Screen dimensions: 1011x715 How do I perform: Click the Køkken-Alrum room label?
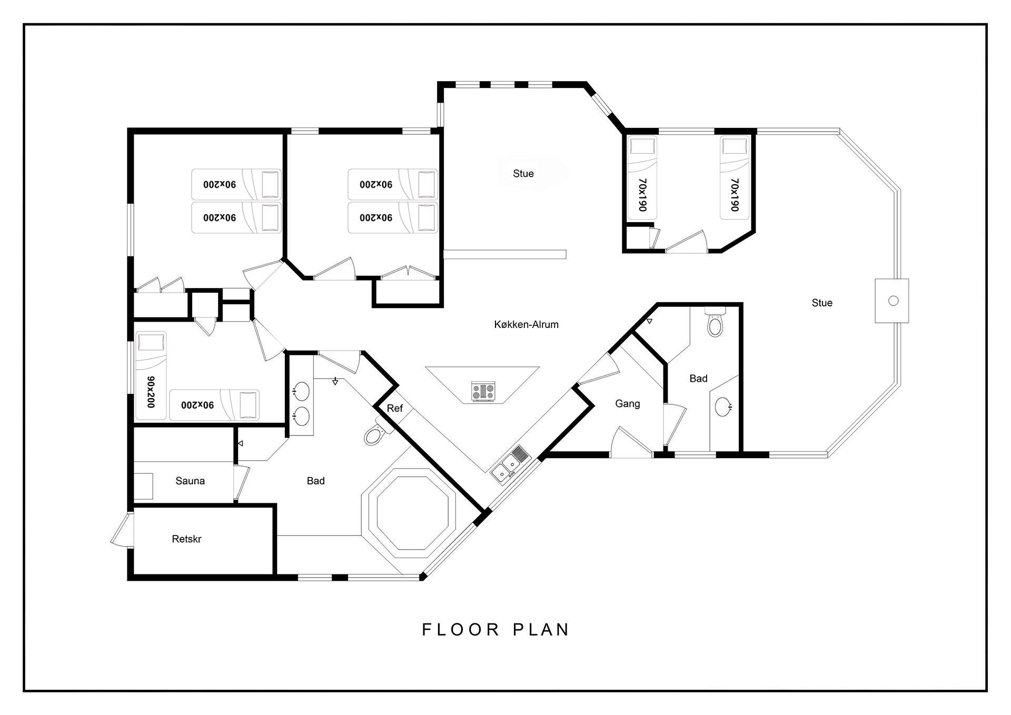tap(526, 325)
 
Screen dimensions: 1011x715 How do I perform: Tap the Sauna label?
tap(190, 481)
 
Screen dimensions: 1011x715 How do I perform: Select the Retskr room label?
tap(186, 539)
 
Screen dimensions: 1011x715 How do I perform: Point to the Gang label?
tap(628, 404)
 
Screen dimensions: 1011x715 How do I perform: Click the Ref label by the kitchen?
tap(394, 408)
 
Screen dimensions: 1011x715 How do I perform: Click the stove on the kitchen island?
tap(483, 392)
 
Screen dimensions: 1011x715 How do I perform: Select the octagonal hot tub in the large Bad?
tap(413, 513)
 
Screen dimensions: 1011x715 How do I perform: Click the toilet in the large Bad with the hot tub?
tap(375, 432)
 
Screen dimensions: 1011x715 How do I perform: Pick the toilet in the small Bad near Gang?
tap(715, 323)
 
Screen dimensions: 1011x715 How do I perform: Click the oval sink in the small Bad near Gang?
tap(723, 407)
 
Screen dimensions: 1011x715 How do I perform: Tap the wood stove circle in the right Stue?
tap(893, 301)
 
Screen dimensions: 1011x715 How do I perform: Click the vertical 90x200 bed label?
tap(151, 392)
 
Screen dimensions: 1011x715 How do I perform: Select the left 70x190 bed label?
tap(642, 195)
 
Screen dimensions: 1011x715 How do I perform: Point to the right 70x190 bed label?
tap(735, 195)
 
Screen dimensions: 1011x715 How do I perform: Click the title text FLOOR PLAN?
tap(496, 630)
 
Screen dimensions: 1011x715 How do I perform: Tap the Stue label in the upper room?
tap(523, 174)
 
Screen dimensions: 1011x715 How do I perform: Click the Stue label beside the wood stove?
tap(822, 303)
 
